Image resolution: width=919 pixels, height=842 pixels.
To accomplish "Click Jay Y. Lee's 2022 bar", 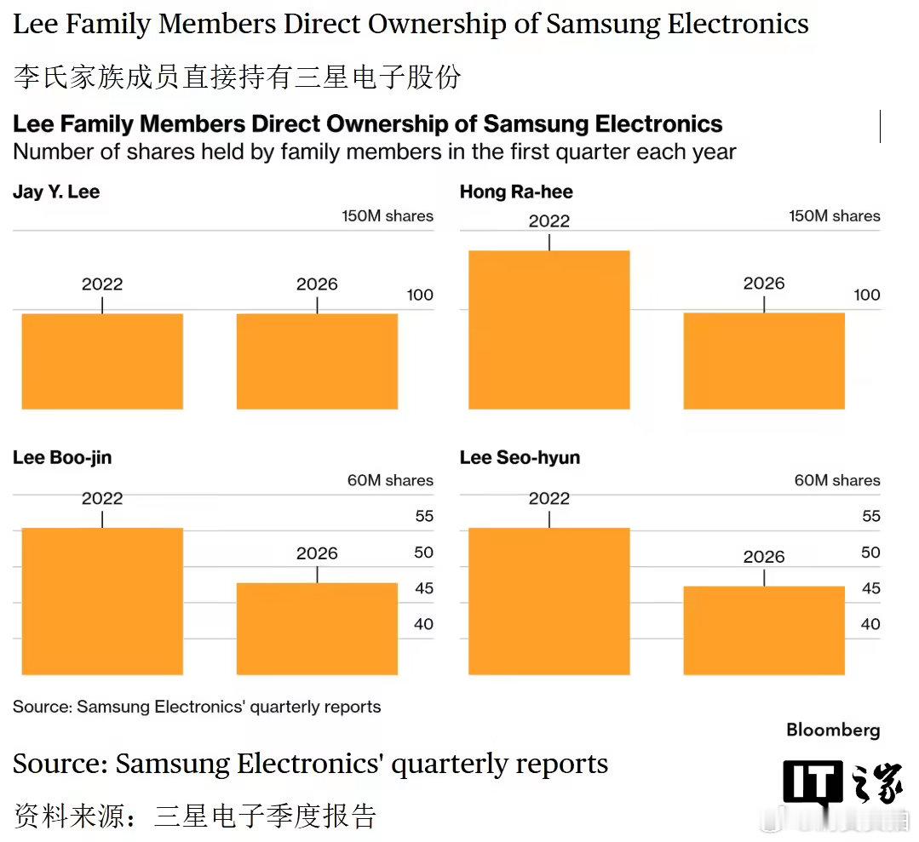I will [x=102, y=361].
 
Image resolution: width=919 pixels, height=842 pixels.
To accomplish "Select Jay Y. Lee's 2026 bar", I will [x=317, y=361].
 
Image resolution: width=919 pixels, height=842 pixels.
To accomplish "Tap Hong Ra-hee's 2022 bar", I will [x=549, y=329].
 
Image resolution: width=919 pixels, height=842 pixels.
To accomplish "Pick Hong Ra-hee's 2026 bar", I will [x=764, y=361].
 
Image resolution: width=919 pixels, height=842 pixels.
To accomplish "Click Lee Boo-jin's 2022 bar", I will [x=102, y=601].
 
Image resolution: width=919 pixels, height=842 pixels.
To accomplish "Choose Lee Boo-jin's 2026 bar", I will [x=317, y=628].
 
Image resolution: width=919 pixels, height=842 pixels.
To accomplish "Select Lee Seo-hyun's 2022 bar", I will [x=549, y=601].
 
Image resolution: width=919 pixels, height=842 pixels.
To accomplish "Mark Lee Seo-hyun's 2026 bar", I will [x=764, y=630].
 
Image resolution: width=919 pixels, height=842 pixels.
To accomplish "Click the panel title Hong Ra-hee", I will [x=516, y=192].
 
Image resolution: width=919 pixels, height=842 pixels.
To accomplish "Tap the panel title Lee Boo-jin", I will [x=62, y=458].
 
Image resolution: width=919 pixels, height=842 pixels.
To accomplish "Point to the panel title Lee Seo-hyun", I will [x=520, y=458].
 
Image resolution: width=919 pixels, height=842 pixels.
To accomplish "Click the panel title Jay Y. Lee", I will [x=56, y=192].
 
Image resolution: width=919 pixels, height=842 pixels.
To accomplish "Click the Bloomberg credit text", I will [x=833, y=730].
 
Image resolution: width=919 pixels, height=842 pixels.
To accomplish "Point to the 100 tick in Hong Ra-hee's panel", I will [x=867, y=295].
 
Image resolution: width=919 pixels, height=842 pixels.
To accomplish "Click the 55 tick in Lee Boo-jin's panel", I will [x=423, y=516].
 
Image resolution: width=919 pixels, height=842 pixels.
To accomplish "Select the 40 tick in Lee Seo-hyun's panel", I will [x=870, y=624].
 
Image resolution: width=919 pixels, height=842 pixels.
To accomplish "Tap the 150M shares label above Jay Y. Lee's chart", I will [x=388, y=216].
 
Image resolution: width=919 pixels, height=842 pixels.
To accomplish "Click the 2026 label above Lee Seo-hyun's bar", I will [x=764, y=557].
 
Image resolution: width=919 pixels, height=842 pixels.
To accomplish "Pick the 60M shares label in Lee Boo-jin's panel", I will [x=390, y=481].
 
